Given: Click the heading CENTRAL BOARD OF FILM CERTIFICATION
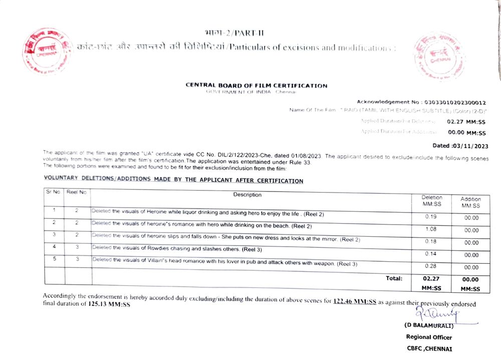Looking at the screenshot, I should coord(256,85).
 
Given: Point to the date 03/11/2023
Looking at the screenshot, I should coord(469,146).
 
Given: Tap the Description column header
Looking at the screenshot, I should coord(247,195).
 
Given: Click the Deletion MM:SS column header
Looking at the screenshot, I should coord(431,201).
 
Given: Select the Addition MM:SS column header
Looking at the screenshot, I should coord(470,203).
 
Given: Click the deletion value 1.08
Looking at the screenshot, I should coord(430,229).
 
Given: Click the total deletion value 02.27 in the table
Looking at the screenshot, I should coord(431,279).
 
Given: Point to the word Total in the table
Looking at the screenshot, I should coord(393,278).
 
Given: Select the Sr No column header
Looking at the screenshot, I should coord(53,192).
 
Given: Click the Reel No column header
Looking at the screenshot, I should coord(77,192).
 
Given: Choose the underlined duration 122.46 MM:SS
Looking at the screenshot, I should coord(355,301).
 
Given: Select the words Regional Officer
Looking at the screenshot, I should coord(429,337).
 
